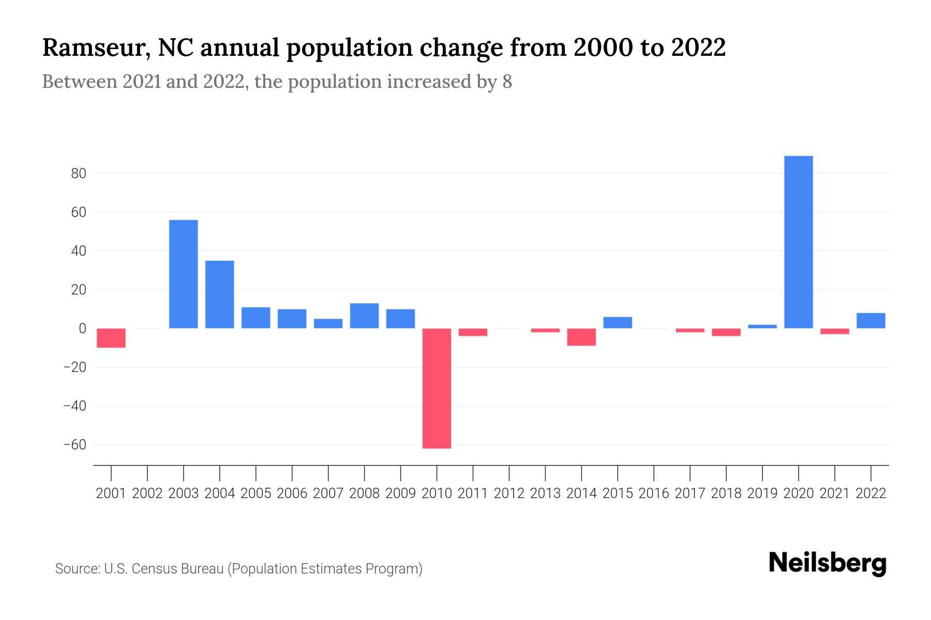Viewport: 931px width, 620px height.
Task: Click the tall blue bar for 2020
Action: [799, 242]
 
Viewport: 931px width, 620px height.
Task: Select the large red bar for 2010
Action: [437, 388]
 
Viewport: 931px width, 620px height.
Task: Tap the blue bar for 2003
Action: [184, 274]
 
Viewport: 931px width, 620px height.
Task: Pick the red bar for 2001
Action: [111, 338]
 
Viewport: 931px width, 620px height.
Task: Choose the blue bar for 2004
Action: [220, 295]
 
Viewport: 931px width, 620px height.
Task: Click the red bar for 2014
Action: [581, 337]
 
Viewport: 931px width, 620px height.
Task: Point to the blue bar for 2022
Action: [871, 321]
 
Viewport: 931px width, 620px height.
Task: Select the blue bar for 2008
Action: [365, 316]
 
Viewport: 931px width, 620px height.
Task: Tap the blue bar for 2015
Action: [618, 322]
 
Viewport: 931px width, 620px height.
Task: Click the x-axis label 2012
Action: [509, 493]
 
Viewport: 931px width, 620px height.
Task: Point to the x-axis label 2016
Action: [654, 493]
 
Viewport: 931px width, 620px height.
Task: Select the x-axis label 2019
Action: [762, 493]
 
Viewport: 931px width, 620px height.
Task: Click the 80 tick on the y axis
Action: [79, 174]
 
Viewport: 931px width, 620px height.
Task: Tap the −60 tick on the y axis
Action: [74, 445]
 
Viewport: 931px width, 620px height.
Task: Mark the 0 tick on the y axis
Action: [82, 329]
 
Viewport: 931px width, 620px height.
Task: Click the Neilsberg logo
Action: [828, 563]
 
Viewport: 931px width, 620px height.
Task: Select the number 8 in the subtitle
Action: [507, 82]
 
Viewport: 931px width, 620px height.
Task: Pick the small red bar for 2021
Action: [835, 331]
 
